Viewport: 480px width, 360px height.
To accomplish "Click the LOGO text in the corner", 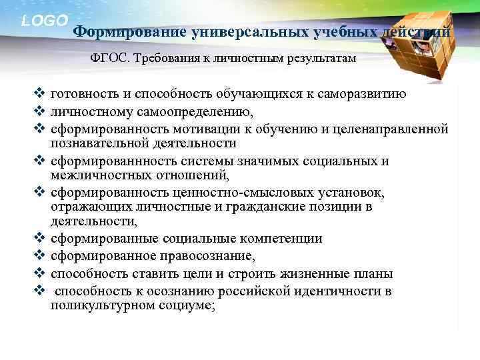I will coord(45,21).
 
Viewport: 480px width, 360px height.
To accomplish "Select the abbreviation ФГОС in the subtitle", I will coord(109,59).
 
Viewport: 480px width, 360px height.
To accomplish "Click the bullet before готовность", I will coord(39,94).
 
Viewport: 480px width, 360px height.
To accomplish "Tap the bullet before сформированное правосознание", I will coord(39,256).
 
